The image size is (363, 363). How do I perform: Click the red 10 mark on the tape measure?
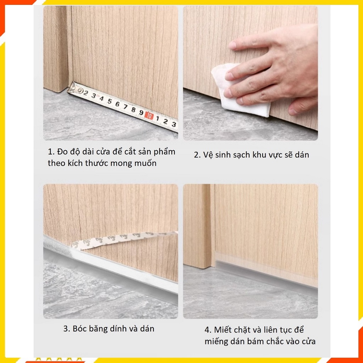tap(149, 115)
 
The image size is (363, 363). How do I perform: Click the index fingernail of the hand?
tap(232, 45)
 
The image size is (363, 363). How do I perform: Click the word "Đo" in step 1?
tap(62, 152)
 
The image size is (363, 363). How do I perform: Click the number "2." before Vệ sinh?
tap(197, 155)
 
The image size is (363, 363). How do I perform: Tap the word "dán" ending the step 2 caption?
tap(302, 155)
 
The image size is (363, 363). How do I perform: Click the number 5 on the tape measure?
tap(109, 101)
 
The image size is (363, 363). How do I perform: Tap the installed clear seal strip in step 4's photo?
tap(267, 275)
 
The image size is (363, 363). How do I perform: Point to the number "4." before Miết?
tap(208, 330)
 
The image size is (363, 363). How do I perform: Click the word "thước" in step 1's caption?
tap(96, 163)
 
